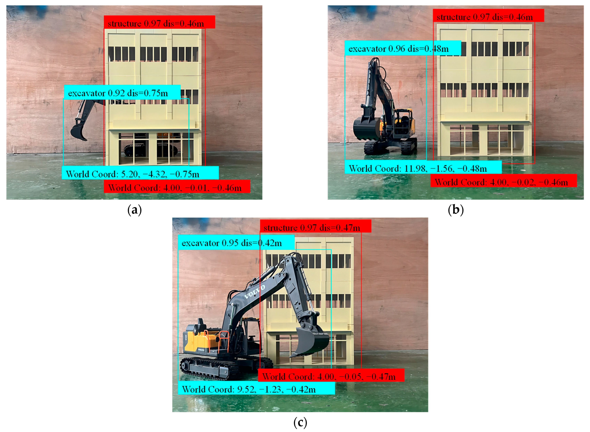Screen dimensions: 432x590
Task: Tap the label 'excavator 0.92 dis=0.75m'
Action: [118, 93]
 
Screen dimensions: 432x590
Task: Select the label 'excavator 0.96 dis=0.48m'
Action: [398, 49]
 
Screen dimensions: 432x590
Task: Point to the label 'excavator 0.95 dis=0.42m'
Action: [231, 243]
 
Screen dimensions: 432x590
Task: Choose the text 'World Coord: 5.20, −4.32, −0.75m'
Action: [132, 174]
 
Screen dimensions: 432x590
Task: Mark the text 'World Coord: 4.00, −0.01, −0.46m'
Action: [175, 188]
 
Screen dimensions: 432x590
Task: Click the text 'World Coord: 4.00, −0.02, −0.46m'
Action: [501, 182]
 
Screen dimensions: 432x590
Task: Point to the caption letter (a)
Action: [134, 210]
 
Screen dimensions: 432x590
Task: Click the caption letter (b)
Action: [456, 210]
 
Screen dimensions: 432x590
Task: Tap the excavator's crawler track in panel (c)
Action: [209, 367]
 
